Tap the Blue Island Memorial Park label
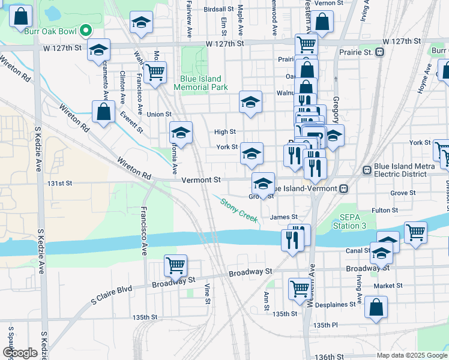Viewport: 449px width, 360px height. pos(200,83)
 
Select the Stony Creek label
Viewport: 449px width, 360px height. pos(240,211)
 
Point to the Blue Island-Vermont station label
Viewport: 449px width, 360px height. pos(305,188)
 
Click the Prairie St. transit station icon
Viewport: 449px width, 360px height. pos(380,53)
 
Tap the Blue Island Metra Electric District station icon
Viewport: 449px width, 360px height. pos(366,170)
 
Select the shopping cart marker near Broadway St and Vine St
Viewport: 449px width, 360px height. pos(175,265)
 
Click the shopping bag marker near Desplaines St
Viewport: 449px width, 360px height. pos(376,308)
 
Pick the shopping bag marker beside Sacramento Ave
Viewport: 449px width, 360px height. pos(103,111)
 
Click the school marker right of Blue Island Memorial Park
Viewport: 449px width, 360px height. pos(251,102)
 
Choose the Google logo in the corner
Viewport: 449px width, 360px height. pos(20,352)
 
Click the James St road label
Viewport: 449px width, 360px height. pos(284,217)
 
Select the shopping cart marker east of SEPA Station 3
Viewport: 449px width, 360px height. pos(415,232)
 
